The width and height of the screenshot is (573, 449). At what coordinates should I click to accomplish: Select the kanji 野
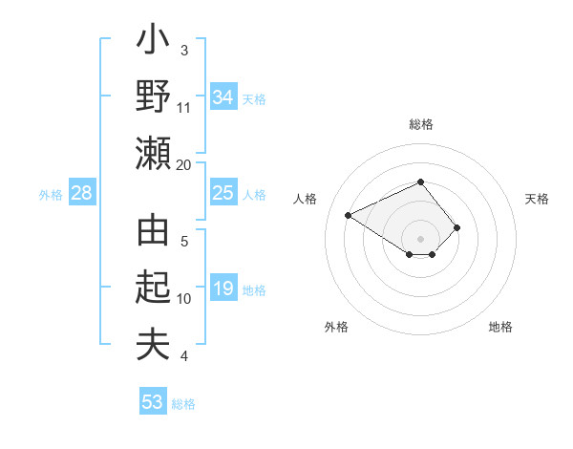pos(153,98)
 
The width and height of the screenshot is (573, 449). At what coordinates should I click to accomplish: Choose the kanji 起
pos(153,288)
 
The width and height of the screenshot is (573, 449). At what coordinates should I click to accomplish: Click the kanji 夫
pos(153,344)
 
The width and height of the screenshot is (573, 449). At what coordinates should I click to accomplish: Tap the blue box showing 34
pos(223,97)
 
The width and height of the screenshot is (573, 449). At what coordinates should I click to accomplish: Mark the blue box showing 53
pos(153,401)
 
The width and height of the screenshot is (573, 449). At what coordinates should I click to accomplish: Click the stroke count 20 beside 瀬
pos(184,164)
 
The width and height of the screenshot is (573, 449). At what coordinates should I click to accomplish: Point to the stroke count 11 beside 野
pos(184,108)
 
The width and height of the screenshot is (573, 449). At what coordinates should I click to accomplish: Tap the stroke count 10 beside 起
pos(184,299)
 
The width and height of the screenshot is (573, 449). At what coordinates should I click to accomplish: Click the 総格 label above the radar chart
pos(421,125)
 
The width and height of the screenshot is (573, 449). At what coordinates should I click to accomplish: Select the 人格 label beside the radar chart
pos(306,199)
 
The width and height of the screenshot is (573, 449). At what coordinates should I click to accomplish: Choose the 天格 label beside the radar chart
pos(537,199)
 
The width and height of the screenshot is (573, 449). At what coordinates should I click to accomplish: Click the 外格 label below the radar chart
pos(336,327)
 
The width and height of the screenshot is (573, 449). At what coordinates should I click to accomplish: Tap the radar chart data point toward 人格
pos(349,214)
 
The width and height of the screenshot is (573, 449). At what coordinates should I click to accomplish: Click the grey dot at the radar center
pos(421,238)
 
